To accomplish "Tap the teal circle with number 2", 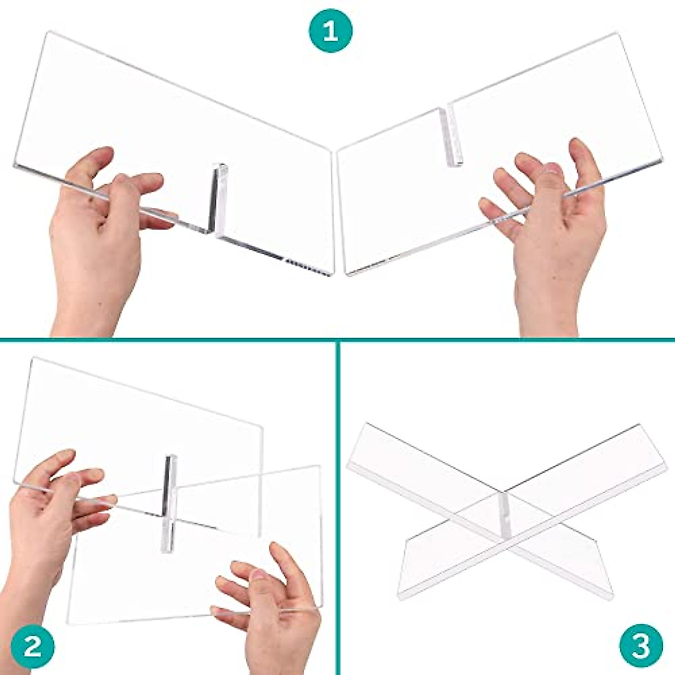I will click(33, 646).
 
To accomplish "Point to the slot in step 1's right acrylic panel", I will click(449, 134).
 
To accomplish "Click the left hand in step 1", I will click(101, 236).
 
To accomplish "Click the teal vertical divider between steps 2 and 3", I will click(337, 506).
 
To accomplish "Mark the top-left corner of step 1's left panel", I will click(45, 34).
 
